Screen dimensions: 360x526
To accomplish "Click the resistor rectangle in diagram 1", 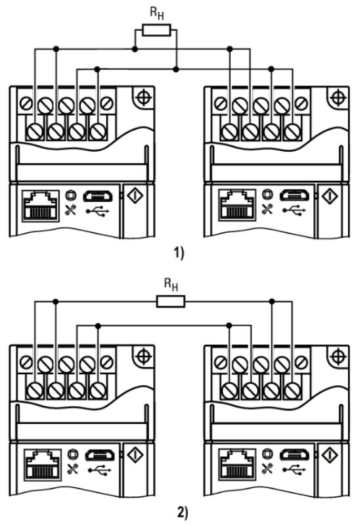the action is click(x=156, y=30).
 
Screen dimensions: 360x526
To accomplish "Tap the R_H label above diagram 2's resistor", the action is click(x=171, y=285).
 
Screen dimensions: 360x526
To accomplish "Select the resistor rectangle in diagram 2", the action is click(x=171, y=302).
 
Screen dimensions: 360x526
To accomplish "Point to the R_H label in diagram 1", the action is click(x=157, y=12).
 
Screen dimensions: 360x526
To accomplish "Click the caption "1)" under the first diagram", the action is click(x=179, y=252).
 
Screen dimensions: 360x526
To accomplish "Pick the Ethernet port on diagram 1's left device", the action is click(x=41, y=206).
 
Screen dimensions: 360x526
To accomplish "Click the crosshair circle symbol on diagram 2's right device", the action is click(x=338, y=356).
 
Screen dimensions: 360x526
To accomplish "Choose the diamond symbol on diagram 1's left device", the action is click(x=135, y=195).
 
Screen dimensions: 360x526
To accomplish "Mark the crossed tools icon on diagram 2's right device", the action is click(x=267, y=468).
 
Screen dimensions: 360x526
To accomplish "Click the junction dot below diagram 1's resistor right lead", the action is click(x=176, y=70).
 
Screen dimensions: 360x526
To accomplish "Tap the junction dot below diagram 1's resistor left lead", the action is click(x=135, y=49).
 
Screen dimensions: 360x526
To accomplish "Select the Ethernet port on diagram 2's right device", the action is click(x=237, y=466).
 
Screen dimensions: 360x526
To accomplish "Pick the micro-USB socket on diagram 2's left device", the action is click(x=100, y=455).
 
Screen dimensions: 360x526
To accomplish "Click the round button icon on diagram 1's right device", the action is click(x=267, y=194).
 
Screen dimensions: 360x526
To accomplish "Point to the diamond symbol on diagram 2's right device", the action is click(x=330, y=454).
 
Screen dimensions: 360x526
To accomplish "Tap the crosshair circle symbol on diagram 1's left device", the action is click(x=143, y=97).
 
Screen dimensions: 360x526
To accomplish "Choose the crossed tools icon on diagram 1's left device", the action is click(x=71, y=209).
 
